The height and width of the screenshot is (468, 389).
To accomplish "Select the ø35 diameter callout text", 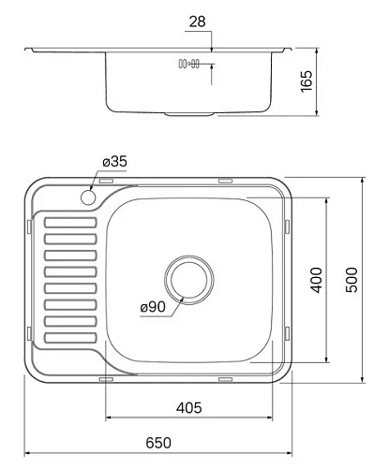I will pos(113,162).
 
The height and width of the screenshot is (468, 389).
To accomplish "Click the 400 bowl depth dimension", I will pos(316,280).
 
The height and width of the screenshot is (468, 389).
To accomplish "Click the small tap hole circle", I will pos(90,198).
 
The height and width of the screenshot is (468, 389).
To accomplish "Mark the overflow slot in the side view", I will pos(187,65).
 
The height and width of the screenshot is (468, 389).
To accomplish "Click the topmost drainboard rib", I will pos(70,223).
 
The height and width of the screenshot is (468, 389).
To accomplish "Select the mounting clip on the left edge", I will pos(36,225).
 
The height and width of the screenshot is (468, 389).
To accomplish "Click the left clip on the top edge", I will pos(107,180).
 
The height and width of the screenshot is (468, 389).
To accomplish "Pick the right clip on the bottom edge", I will pos(224,379).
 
